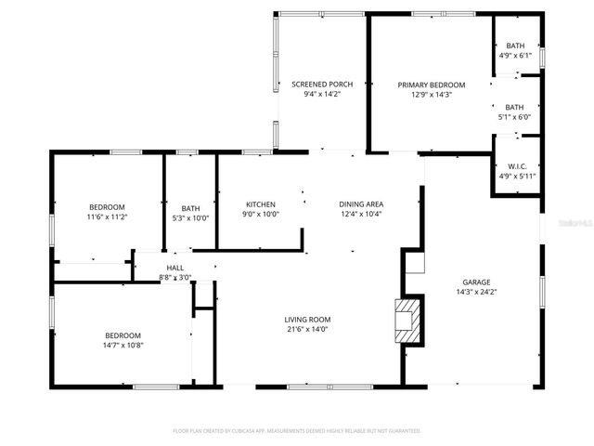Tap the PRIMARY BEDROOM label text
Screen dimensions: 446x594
432,85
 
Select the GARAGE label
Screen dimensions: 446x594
477,282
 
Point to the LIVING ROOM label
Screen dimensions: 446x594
307,320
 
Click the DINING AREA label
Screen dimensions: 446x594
361,204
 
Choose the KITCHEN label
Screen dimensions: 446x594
261,204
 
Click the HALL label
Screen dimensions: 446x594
175,268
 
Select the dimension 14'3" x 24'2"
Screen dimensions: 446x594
477,292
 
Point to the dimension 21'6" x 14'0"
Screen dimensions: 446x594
307,329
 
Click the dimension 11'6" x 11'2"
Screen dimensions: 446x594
107,216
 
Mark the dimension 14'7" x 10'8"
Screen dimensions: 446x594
123,345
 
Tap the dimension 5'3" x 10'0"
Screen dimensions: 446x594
190,217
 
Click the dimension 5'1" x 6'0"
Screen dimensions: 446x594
514,117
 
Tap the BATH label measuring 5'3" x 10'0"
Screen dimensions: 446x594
190,208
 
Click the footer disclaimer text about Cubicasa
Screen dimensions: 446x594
297,431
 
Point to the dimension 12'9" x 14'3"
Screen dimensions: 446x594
432,94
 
